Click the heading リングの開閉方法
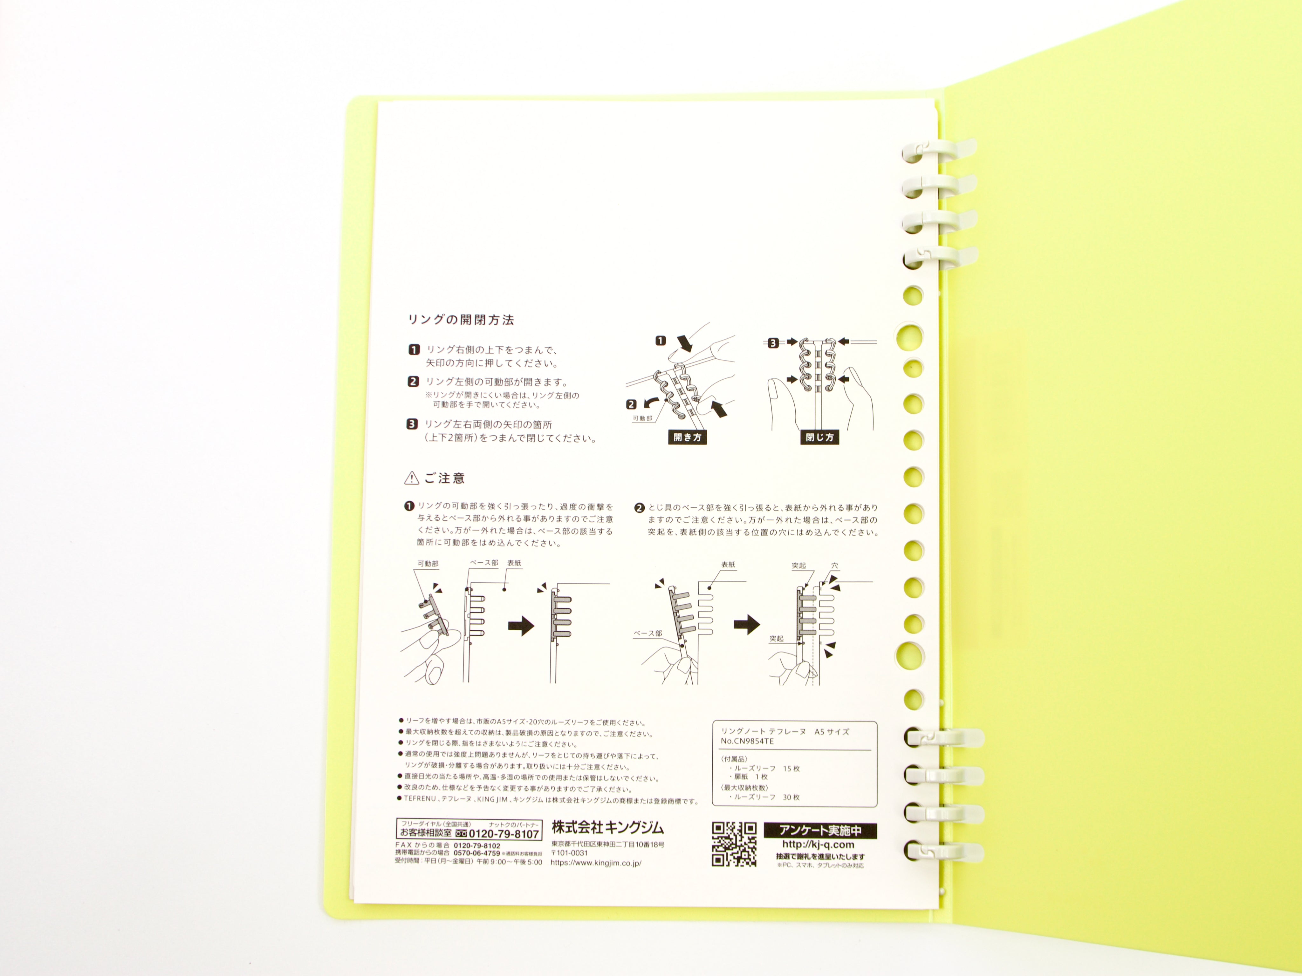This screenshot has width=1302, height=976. click(x=461, y=320)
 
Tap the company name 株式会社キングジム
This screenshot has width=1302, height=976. click(x=607, y=827)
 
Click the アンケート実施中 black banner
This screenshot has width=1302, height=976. click(x=820, y=831)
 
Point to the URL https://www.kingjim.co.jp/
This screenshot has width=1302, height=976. click(x=596, y=863)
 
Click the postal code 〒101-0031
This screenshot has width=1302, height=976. click(x=569, y=853)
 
